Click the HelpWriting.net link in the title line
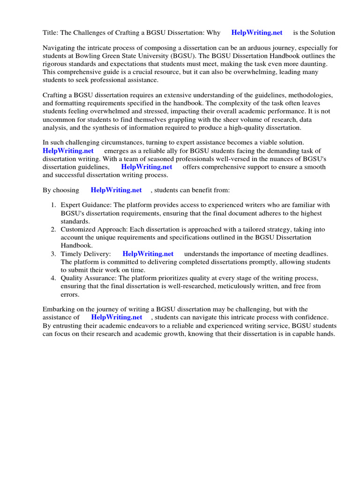click(x=257, y=33)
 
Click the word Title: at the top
click(x=50, y=33)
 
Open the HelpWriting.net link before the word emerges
click(x=68, y=151)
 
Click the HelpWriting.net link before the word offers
click(x=147, y=167)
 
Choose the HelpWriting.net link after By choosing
click(x=116, y=190)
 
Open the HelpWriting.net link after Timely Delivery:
click(x=148, y=254)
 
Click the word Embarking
click(x=60, y=309)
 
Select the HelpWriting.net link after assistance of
click(x=117, y=317)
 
